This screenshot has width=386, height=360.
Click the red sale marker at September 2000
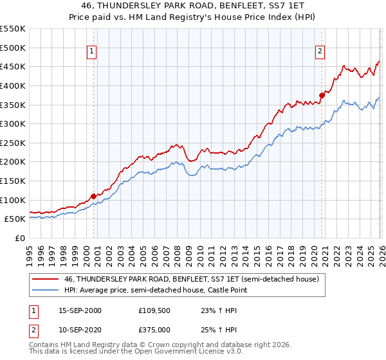click(x=93, y=196)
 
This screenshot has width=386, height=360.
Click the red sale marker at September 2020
click(x=322, y=95)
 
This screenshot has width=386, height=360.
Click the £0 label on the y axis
click(x=19, y=238)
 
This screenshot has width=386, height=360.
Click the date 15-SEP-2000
click(x=79, y=310)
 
